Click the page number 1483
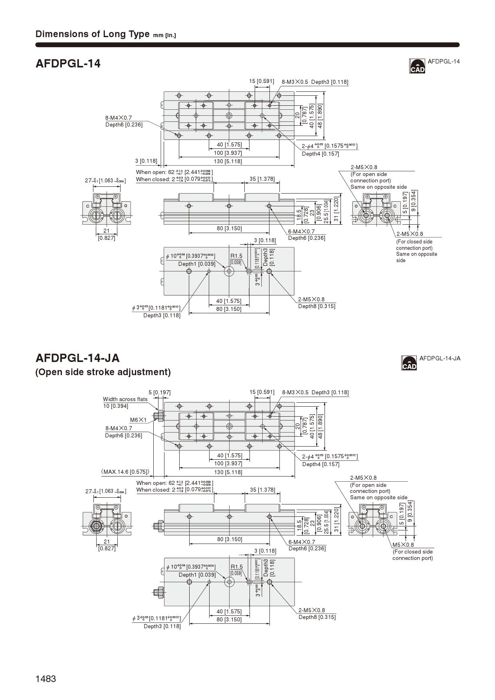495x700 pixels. point(46,679)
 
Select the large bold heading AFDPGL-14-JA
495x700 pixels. point(77,358)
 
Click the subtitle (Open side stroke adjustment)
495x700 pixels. point(103,372)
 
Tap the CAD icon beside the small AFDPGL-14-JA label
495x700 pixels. point(409,363)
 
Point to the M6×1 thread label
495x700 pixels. point(138,420)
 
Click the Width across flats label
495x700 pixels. point(125,399)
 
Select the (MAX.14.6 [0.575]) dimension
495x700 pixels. point(125,472)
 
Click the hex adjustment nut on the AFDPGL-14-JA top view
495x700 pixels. point(159,415)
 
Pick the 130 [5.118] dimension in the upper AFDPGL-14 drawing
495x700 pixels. point(228,161)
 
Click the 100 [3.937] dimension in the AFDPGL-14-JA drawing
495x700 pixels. point(228,463)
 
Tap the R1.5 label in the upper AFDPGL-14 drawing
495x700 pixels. point(236,256)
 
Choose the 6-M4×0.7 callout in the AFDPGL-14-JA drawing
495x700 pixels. point(301,542)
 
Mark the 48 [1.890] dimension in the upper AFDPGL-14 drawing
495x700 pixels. point(320,116)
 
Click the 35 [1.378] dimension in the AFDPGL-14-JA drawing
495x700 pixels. point(262,490)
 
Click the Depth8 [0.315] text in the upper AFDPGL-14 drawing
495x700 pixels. point(317,306)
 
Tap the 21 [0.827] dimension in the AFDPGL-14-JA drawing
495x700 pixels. point(107,545)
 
